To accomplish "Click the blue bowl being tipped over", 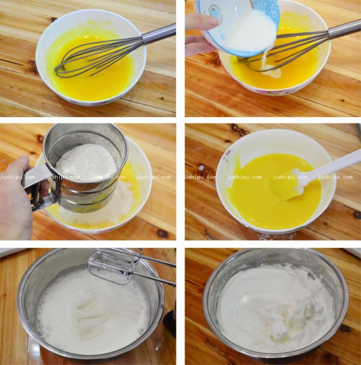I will (242, 21).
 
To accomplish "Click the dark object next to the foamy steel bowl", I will (170, 322).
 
